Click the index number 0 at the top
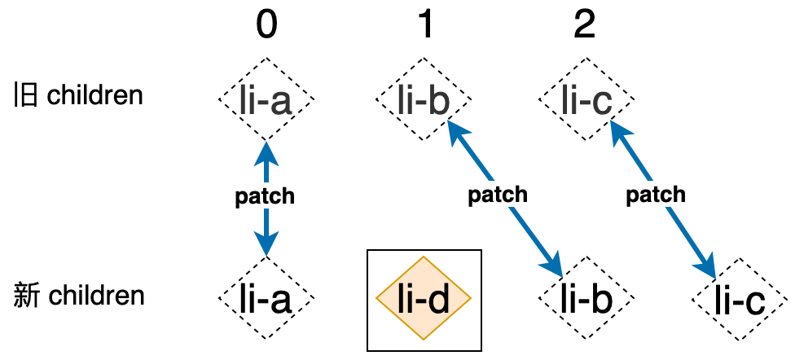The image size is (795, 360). pyautogui.click(x=266, y=26)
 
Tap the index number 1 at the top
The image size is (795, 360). pyautogui.click(x=424, y=26)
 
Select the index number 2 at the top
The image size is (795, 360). pyautogui.click(x=584, y=26)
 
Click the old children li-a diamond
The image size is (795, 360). pyautogui.click(x=266, y=101)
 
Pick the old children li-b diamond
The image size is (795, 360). pyautogui.click(x=424, y=101)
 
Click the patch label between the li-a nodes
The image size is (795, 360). pyautogui.click(x=265, y=197)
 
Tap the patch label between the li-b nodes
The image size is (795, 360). pyautogui.click(x=499, y=195)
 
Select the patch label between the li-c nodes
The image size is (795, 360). pyautogui.click(x=656, y=195)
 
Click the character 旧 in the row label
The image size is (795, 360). pyautogui.click(x=24, y=96)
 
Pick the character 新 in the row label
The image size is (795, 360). pyautogui.click(x=26, y=295)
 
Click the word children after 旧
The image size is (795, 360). pyautogui.click(x=95, y=96)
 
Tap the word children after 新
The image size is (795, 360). pyautogui.click(x=97, y=295)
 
